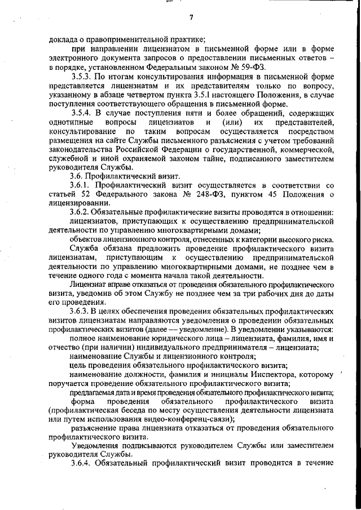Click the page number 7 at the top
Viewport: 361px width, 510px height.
click(x=191, y=16)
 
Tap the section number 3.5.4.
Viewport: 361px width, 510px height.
click(x=83, y=113)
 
